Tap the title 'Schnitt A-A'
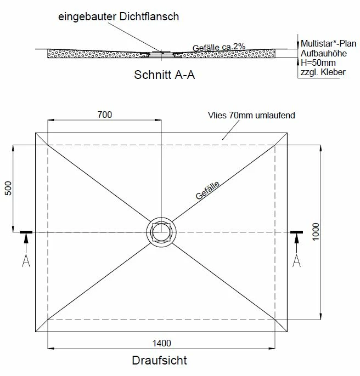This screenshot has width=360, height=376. (165, 76)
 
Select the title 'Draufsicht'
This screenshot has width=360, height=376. (159, 361)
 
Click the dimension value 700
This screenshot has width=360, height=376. (104, 115)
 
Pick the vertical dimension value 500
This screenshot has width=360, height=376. (8, 189)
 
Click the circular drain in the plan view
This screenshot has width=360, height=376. (161, 232)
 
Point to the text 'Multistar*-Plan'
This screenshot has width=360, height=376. (325, 43)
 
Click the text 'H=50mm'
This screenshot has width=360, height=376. (315, 63)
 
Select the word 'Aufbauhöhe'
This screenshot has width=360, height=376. (320, 53)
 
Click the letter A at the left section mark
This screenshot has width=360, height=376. (26, 261)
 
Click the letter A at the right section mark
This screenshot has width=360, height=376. (297, 261)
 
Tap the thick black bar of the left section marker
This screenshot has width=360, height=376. (26, 232)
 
